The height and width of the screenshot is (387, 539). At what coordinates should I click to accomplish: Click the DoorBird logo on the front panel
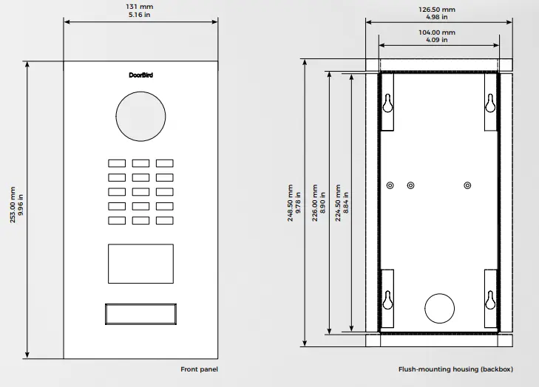pyautogui.click(x=140, y=75)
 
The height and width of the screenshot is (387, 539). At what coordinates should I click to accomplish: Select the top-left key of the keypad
pyautogui.click(x=117, y=163)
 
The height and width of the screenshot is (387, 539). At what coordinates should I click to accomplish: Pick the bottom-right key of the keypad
pyautogui.click(x=165, y=220)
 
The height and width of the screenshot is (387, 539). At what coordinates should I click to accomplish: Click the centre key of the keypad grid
pyautogui.click(x=140, y=192)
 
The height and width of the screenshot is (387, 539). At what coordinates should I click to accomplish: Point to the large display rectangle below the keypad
pyautogui.click(x=140, y=264)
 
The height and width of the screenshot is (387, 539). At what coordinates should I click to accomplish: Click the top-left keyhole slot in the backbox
pyautogui.click(x=387, y=103)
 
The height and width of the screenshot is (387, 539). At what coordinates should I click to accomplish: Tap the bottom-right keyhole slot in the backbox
pyautogui.click(x=490, y=300)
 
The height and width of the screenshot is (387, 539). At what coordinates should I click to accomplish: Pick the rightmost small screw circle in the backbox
pyautogui.click(x=467, y=185)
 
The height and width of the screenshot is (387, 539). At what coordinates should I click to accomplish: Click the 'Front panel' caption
pyautogui.click(x=200, y=369)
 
